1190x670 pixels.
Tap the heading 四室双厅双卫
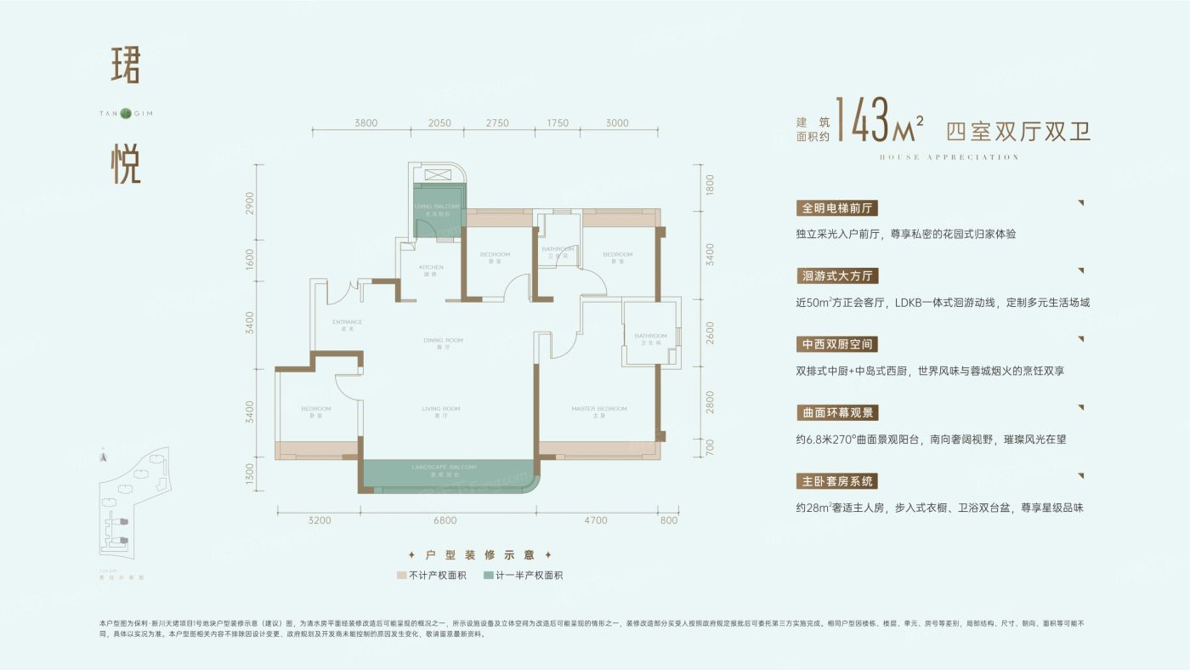[x=1017, y=131]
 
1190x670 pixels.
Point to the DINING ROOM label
[x=440, y=341]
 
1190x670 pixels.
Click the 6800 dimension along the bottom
[x=445, y=520]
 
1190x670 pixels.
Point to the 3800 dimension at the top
[x=365, y=123]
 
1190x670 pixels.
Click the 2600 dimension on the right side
[x=710, y=332]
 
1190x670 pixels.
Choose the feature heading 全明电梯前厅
[x=837, y=207]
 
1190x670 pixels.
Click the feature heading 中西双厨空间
[x=837, y=344]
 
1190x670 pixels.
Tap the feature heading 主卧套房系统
[x=837, y=481]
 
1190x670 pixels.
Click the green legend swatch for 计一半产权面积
[x=488, y=576]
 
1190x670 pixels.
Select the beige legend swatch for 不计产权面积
[x=401, y=576]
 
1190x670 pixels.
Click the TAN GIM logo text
[x=126, y=113]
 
